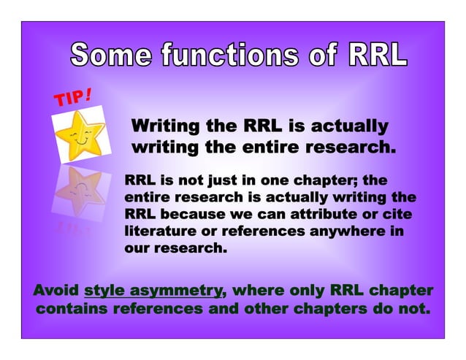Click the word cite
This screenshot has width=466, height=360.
pos(399,215)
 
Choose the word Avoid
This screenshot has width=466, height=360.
pos(56,290)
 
